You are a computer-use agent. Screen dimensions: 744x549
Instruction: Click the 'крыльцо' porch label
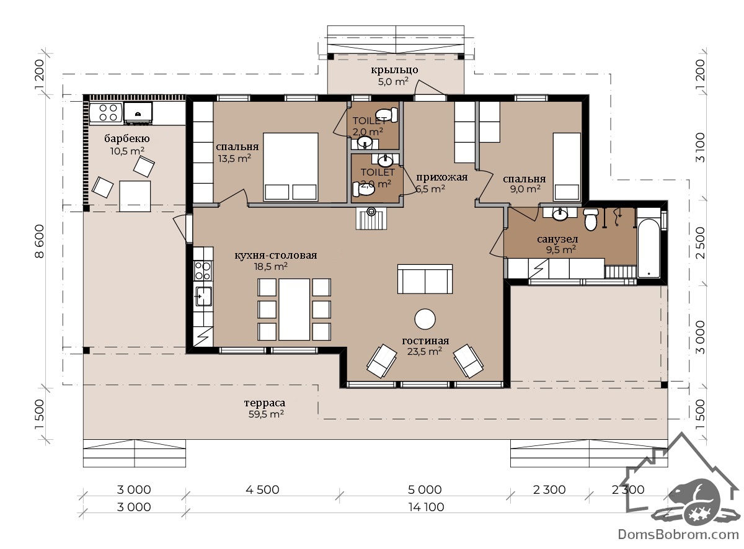click(394, 70)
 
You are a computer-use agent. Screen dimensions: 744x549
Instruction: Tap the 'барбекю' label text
click(127, 138)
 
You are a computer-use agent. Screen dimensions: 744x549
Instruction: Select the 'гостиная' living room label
click(425, 341)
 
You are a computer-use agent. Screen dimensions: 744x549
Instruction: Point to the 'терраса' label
click(265, 403)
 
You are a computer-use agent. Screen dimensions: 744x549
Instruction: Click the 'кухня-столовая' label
click(276, 255)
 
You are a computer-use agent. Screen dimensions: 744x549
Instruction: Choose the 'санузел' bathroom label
click(557, 239)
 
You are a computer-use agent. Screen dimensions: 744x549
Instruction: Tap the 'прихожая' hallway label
click(441, 177)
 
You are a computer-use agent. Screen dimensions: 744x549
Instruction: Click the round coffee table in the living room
click(425, 319)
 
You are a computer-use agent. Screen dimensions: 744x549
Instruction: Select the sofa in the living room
click(425, 279)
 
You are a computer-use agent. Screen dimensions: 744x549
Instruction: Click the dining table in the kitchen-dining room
click(294, 310)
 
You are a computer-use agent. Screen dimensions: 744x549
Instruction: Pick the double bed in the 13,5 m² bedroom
click(291, 167)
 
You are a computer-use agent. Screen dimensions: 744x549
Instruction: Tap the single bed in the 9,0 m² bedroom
click(567, 167)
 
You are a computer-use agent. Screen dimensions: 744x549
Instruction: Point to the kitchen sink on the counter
click(203, 296)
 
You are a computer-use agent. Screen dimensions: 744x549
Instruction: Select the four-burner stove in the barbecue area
click(108, 112)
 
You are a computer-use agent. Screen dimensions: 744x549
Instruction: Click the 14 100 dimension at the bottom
click(426, 507)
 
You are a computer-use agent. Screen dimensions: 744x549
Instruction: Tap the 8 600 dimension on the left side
click(39, 241)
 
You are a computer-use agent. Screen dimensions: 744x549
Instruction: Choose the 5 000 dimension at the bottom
click(425, 489)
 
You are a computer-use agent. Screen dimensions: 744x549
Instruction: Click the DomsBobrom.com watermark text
click(678, 535)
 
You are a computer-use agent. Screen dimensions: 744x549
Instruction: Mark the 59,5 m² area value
click(266, 414)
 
